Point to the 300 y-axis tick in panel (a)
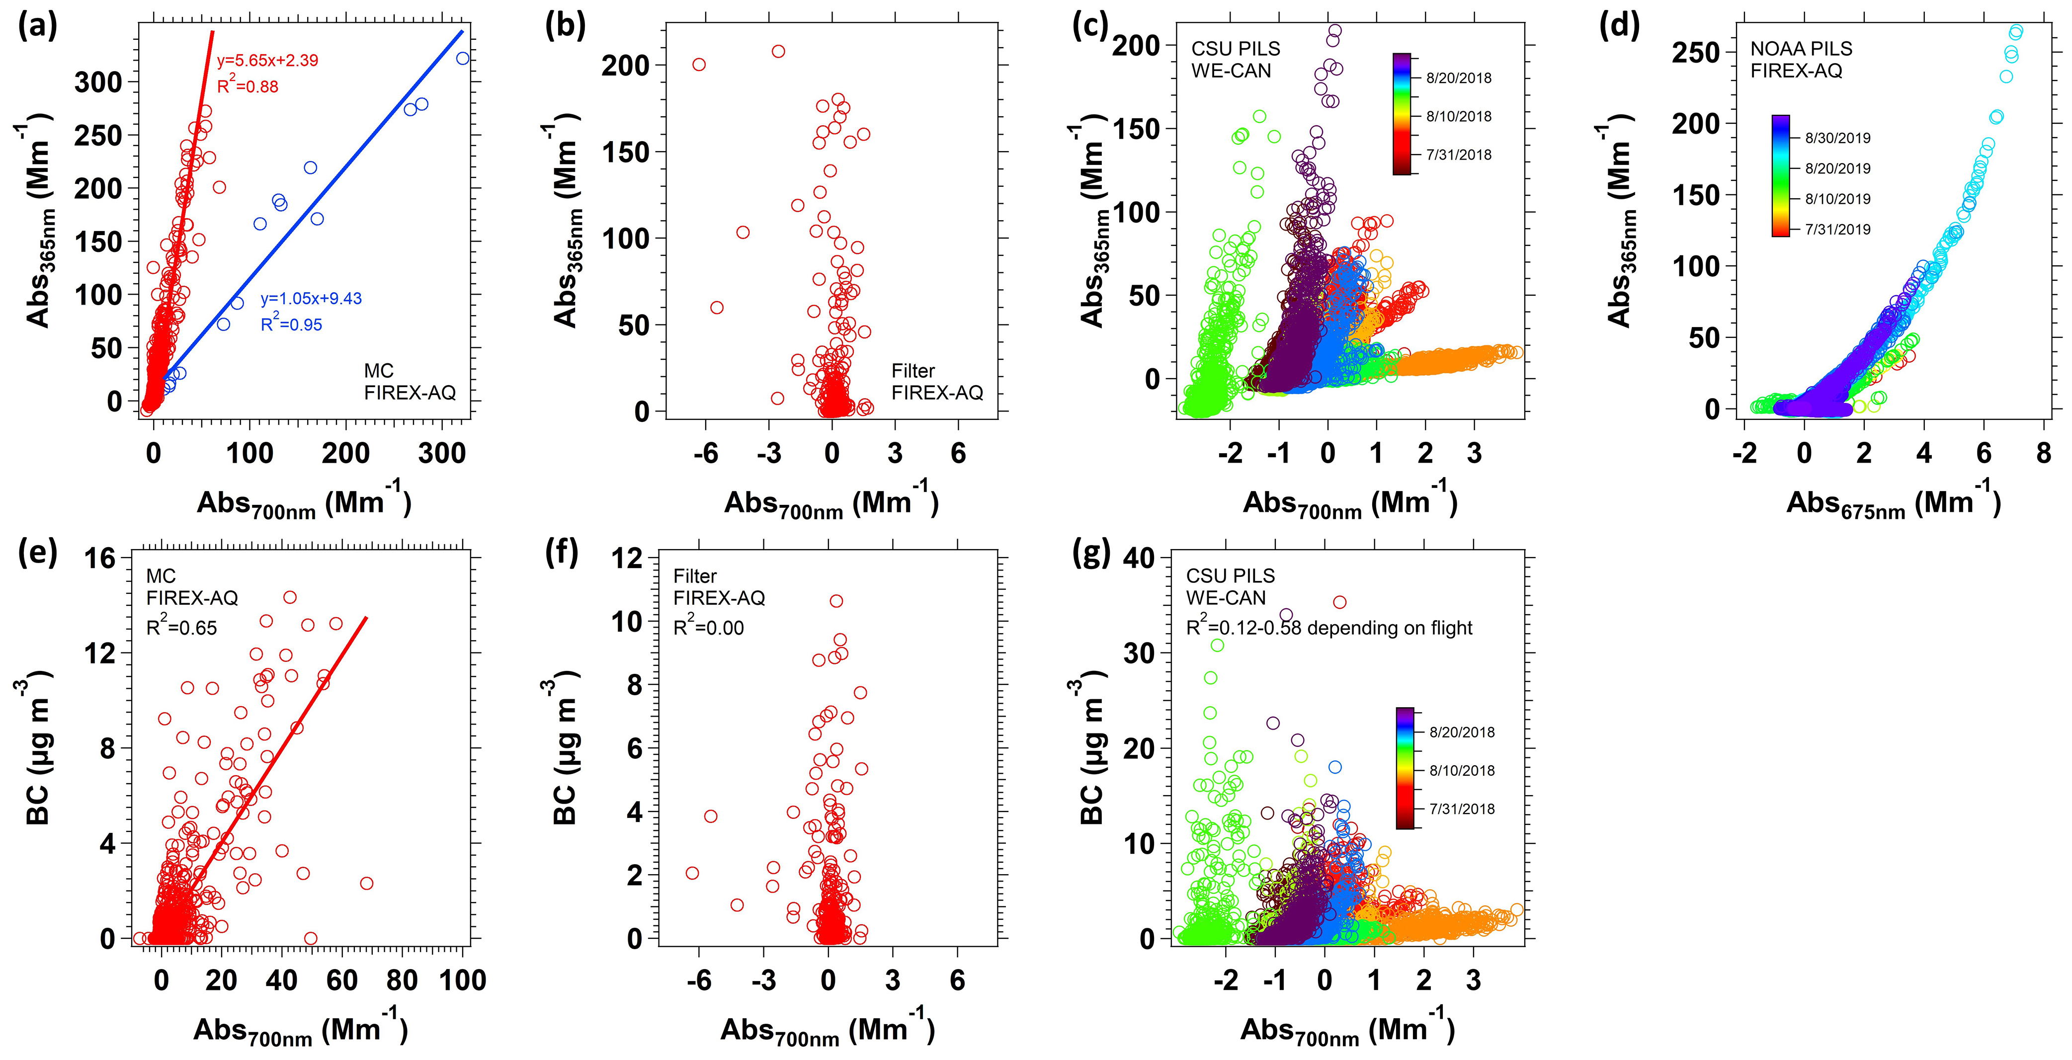click(x=98, y=82)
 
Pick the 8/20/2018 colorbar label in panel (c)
click(x=1458, y=78)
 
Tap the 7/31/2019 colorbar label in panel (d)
click(x=1837, y=229)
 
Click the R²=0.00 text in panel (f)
click(x=708, y=627)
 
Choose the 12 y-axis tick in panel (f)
click(x=627, y=558)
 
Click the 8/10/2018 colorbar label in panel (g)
click(x=1462, y=770)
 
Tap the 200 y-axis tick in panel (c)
click(x=1136, y=45)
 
